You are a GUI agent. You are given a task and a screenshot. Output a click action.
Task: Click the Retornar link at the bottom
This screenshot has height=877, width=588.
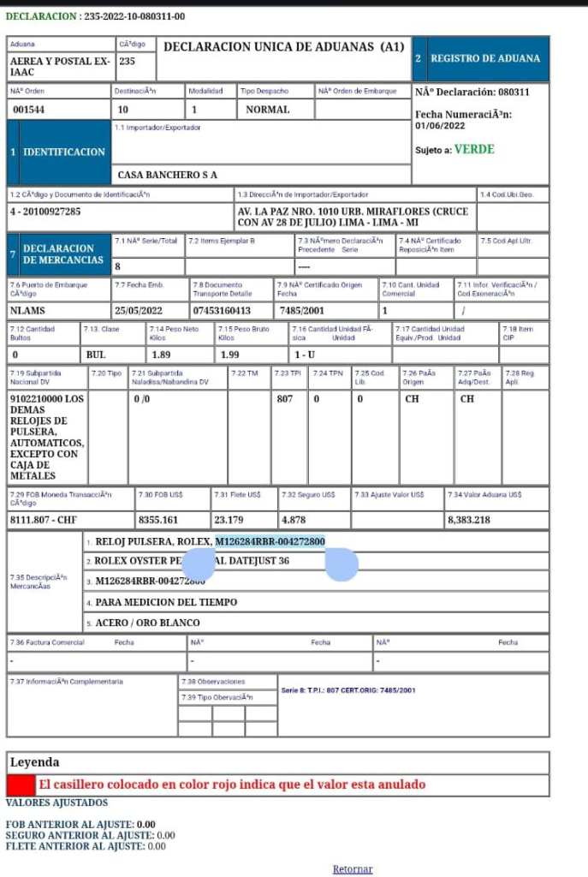(353, 869)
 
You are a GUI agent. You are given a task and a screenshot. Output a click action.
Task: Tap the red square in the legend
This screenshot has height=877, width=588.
(20, 785)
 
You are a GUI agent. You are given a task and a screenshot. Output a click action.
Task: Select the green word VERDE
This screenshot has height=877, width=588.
(473, 149)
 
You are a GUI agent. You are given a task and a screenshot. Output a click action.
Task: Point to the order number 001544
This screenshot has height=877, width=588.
(31, 110)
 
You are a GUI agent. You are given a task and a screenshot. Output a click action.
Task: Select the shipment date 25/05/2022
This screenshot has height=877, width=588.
(141, 311)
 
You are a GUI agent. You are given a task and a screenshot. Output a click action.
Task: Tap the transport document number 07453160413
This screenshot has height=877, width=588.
(222, 311)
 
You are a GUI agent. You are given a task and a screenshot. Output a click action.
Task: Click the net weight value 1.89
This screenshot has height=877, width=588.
(161, 355)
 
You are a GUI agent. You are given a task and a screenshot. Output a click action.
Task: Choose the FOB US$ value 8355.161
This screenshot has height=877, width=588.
(158, 520)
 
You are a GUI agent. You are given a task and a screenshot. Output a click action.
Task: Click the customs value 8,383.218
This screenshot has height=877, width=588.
(468, 520)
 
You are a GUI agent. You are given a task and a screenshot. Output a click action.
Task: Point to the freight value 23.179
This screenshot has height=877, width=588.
(229, 520)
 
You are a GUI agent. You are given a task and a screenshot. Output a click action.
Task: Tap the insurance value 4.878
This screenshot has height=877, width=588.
(294, 520)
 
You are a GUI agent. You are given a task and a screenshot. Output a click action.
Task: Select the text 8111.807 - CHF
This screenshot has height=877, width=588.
(44, 520)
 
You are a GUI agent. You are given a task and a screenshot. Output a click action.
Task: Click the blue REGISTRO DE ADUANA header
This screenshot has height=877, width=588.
(485, 58)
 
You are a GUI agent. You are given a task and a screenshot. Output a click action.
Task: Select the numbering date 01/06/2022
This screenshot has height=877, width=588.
(439, 126)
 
